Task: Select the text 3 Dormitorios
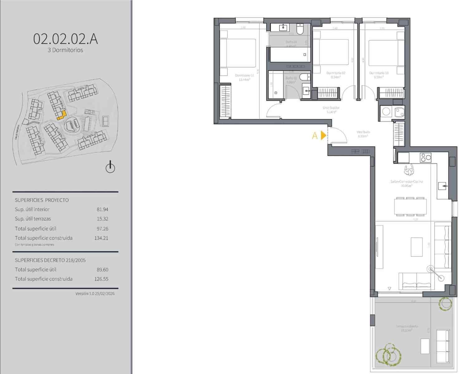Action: pyautogui.click(x=65, y=50)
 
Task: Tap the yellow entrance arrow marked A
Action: pyautogui.click(x=323, y=136)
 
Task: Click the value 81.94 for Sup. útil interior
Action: pyautogui.click(x=102, y=209)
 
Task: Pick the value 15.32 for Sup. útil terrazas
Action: pyautogui.click(x=102, y=219)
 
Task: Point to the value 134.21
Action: pyautogui.click(x=101, y=238)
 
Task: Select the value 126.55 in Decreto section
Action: pyautogui.click(x=101, y=279)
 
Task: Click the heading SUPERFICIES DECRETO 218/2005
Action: pyautogui.click(x=50, y=260)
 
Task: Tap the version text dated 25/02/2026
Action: pyautogui.click(x=95, y=294)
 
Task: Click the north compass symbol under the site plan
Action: pyautogui.click(x=110, y=167)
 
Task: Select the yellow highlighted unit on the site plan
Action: pyautogui.click(x=61, y=116)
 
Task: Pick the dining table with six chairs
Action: pyautogui.click(x=410, y=206)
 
